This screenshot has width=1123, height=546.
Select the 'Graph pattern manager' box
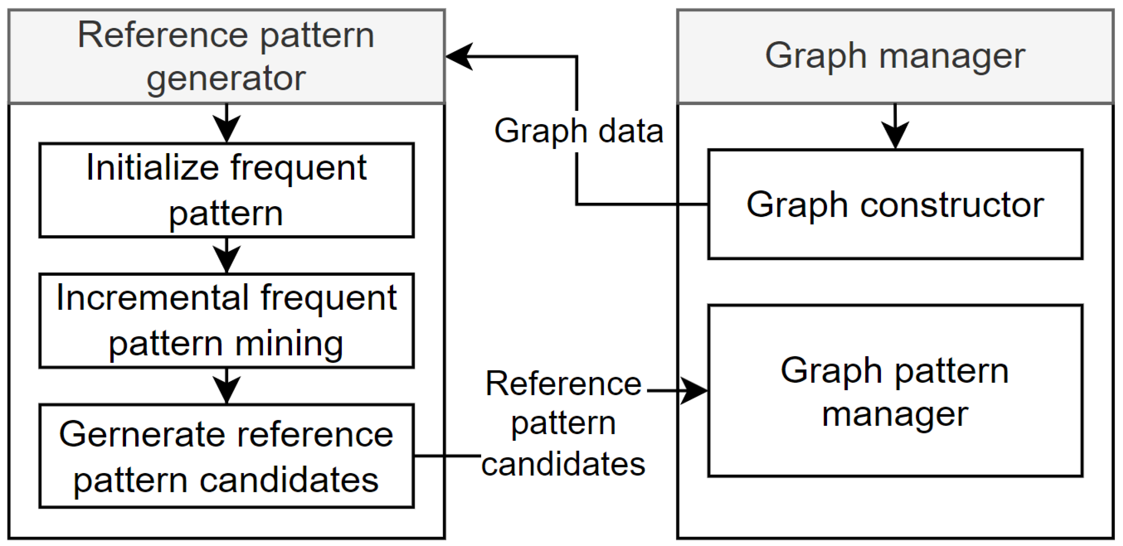894,391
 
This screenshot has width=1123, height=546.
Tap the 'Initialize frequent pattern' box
226,190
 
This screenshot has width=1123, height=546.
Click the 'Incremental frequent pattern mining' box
226,320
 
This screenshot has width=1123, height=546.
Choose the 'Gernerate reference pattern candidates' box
226,455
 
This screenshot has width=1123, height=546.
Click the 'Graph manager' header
894,56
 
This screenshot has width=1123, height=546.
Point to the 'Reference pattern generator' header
226,56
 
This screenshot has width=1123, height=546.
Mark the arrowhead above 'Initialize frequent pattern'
226,128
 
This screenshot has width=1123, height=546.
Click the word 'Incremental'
153,298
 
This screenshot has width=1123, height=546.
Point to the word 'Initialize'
152,167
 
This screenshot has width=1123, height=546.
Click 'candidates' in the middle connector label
563,464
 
